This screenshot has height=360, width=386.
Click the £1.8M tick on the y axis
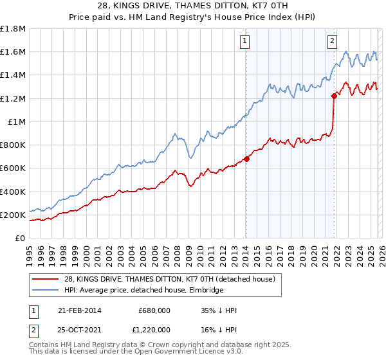click(12, 29)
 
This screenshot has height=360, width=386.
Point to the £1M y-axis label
click(16, 122)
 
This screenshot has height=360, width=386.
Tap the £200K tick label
click(12, 215)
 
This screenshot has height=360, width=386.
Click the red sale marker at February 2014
click(246, 159)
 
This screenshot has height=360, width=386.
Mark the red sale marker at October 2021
click(334, 96)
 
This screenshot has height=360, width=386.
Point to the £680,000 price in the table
click(154, 310)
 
